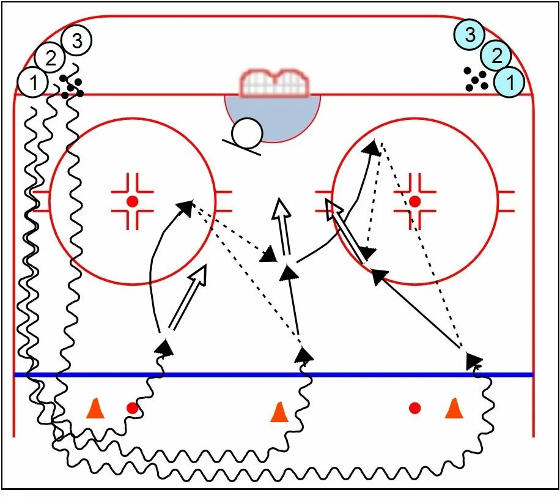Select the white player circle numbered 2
[x=50, y=59]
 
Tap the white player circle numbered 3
[x=77, y=41]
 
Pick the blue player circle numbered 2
[x=496, y=56]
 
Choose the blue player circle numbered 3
[x=470, y=35]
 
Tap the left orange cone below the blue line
[x=94, y=408]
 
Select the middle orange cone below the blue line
[x=279, y=411]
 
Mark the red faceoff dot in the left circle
[x=132, y=201]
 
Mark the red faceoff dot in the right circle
[x=415, y=201]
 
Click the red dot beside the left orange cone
[x=132, y=407]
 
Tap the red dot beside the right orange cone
[x=415, y=407]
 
